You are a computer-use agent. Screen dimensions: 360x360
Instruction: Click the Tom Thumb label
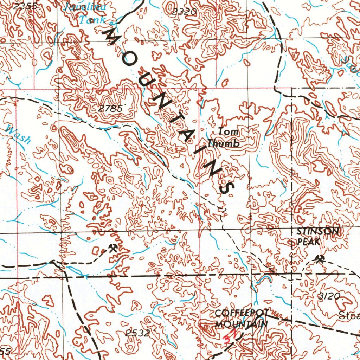[224, 138]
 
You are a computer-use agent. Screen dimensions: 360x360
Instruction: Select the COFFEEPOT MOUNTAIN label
[242, 319]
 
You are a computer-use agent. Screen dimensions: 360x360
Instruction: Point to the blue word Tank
[91, 20]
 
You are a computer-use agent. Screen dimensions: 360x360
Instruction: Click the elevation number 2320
[184, 12]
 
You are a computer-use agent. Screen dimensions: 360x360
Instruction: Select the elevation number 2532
[137, 333]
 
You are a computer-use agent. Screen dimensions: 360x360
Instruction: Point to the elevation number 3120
[329, 296]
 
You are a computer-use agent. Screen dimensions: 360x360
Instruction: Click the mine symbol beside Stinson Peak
[320, 259]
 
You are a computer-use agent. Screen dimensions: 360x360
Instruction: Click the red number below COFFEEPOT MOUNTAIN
[229, 336]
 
